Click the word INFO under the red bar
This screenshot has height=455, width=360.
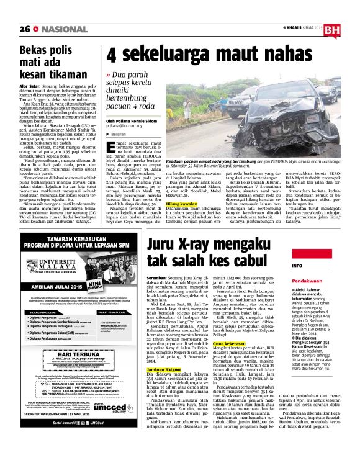[297, 266]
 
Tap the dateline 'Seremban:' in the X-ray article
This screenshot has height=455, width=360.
[157, 260]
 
